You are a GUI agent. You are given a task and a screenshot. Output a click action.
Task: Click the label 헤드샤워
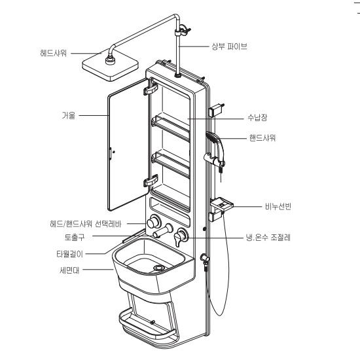tap(54, 53)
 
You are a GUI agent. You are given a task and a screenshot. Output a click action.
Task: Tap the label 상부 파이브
tap(229, 46)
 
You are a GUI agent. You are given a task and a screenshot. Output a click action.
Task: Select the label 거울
tap(69, 115)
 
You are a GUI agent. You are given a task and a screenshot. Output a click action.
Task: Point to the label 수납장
tap(257, 118)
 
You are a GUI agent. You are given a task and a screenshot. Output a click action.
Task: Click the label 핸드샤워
tap(262, 138)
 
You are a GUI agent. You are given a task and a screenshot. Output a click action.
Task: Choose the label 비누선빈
tap(278, 206)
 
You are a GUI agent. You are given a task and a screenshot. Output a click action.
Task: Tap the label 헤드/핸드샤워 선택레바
tap(86, 224)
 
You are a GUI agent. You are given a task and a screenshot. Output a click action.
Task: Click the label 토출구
tap(75, 237)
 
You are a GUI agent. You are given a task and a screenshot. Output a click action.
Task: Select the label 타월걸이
tap(69, 254)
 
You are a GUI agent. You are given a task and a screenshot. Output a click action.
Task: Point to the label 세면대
tap(69, 270)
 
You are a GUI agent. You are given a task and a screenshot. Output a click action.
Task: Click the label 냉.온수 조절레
tap(268, 237)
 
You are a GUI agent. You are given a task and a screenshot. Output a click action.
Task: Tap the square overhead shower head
tap(110, 65)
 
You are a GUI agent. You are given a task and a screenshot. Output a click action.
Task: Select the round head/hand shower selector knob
tap(153, 222)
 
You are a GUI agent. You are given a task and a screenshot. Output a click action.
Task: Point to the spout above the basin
tap(162, 231)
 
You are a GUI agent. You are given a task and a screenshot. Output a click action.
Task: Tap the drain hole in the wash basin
tap(159, 268)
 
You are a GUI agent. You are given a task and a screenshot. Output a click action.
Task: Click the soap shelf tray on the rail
tap(222, 204)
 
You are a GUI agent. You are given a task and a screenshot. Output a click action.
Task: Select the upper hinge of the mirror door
tap(151, 88)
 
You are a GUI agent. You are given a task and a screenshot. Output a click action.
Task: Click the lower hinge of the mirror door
tap(151, 181)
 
